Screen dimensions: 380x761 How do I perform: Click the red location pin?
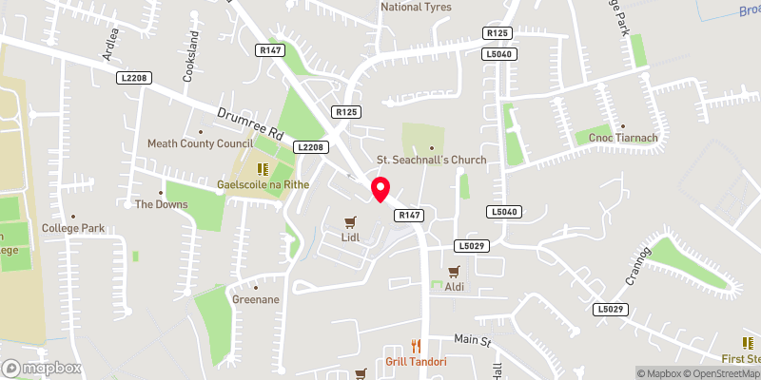pyautogui.click(x=380, y=189)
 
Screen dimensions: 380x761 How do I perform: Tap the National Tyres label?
pyautogui.click(x=416, y=7)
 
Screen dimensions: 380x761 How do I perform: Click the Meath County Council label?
pyautogui.click(x=200, y=143)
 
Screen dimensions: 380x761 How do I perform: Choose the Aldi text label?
pyautogui.click(x=454, y=286)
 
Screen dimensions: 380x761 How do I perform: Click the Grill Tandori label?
pyautogui.click(x=416, y=362)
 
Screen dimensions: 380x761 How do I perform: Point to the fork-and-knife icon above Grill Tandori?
pyautogui.click(x=416, y=346)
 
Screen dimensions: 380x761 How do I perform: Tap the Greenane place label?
pyautogui.click(x=256, y=298)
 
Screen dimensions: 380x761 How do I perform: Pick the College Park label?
pyautogui.click(x=72, y=228)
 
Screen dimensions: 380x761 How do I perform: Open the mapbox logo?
pyautogui.click(x=42, y=368)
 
